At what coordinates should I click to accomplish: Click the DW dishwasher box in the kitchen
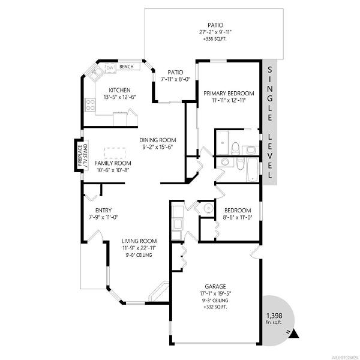110,68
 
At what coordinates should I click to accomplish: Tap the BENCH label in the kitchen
127,67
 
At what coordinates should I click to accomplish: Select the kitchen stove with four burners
90,105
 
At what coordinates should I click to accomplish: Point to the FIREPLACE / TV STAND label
82,155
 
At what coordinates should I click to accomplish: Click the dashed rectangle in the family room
115,153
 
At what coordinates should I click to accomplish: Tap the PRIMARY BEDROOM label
229,94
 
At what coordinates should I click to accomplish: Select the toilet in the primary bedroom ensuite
235,148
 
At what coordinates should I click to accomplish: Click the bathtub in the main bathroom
253,169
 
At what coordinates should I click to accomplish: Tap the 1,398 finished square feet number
274,316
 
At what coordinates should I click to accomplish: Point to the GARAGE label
215,286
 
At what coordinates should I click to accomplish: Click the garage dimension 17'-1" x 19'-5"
215,293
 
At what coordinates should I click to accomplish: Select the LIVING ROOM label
139,241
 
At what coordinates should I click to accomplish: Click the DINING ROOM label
158,140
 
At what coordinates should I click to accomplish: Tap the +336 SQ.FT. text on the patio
215,39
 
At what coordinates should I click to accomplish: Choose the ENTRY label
103,210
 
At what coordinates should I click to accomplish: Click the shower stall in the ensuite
223,143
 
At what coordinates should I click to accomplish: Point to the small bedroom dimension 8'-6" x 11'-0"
238,217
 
